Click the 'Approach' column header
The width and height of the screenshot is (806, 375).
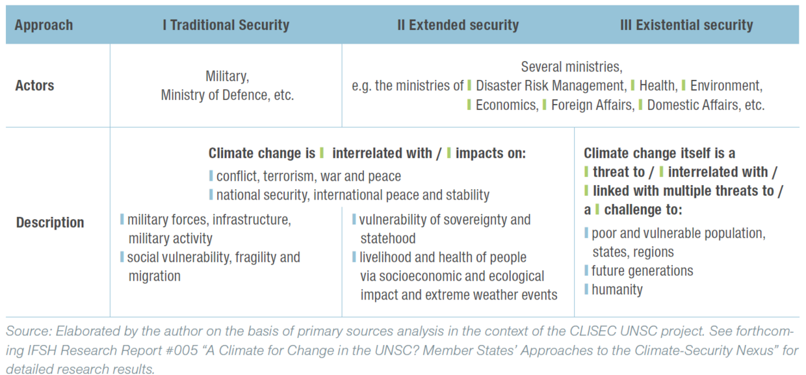click(x=44, y=25)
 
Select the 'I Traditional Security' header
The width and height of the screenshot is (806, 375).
click(x=226, y=25)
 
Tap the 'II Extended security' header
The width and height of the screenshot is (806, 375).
click(x=458, y=25)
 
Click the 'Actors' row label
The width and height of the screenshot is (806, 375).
click(x=34, y=86)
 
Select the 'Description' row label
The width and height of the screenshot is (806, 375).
click(x=50, y=222)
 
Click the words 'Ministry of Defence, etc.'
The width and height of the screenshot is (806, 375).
click(x=227, y=95)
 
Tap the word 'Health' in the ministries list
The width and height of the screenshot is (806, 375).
click(x=657, y=86)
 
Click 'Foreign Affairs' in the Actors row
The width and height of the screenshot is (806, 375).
click(x=591, y=105)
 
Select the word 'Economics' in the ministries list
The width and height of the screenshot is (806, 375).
click(x=506, y=105)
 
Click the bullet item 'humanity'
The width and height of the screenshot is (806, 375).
click(x=617, y=290)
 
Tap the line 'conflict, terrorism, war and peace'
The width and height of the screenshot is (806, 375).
click(x=309, y=176)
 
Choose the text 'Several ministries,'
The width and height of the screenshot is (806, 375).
click(x=571, y=66)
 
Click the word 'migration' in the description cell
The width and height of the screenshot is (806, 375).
click(x=154, y=276)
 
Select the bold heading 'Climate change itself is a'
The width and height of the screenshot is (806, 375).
click(x=659, y=153)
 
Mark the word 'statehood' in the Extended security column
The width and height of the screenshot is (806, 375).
click(x=388, y=239)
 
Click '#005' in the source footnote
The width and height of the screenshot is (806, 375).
click(x=151, y=351)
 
